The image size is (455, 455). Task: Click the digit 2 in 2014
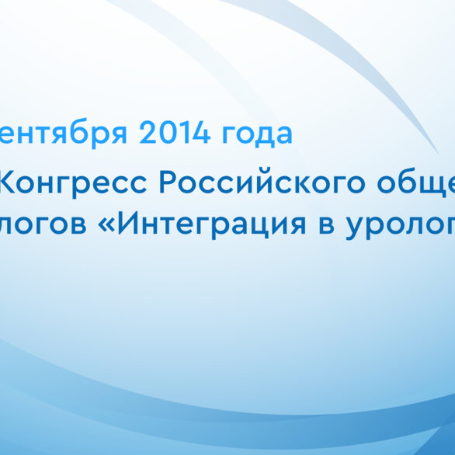(x=148, y=134)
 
